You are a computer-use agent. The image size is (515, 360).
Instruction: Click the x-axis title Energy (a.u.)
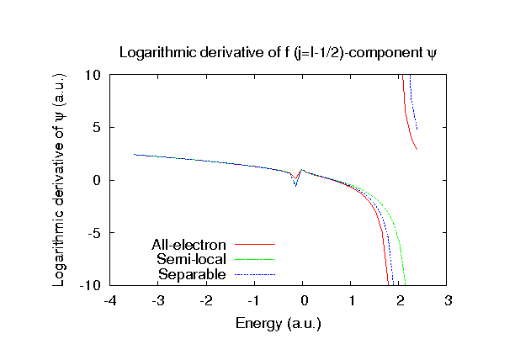(279, 322)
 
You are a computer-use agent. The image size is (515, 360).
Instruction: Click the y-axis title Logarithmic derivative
(60, 180)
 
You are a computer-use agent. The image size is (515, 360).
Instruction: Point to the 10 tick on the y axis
(93, 75)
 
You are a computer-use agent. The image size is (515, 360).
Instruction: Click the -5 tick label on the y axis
(94, 233)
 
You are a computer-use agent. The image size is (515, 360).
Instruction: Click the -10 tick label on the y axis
(91, 286)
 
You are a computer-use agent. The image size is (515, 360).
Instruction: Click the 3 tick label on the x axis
(449, 300)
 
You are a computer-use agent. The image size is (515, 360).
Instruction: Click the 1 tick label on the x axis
(352, 300)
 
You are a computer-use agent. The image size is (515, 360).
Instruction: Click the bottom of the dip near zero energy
(295, 185)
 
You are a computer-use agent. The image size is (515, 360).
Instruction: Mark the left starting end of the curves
(134, 154)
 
